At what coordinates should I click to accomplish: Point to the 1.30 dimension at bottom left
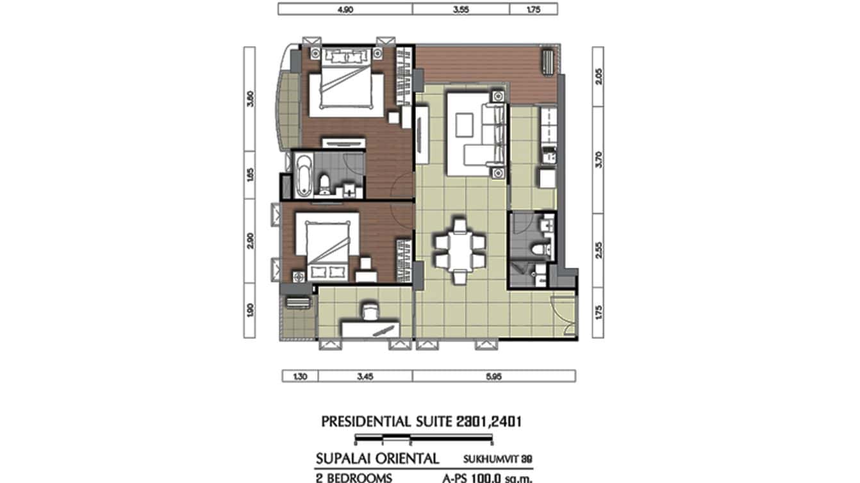[292, 377]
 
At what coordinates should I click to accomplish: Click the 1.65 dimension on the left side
[251, 175]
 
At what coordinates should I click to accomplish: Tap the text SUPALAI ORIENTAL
[377, 459]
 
